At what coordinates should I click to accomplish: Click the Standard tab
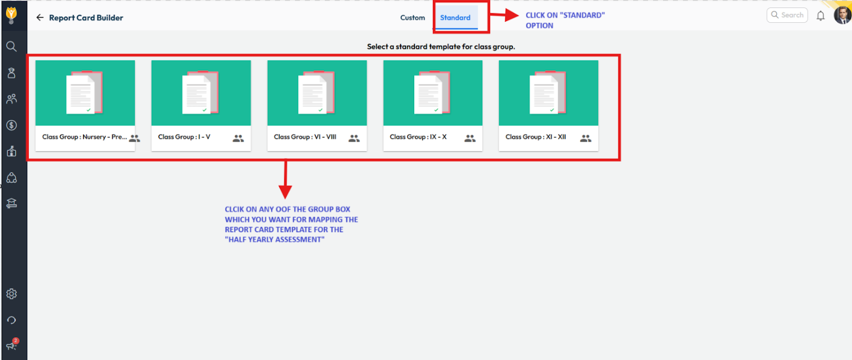[x=455, y=18]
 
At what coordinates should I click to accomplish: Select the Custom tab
[x=412, y=18]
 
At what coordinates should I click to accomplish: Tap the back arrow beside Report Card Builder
[x=40, y=18]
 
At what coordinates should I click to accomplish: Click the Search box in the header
[x=787, y=15]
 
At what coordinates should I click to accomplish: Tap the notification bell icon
[x=821, y=15]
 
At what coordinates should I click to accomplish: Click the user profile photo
[x=842, y=15]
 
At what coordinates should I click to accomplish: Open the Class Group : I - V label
[x=184, y=137]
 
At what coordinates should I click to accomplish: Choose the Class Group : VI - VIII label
[x=305, y=137]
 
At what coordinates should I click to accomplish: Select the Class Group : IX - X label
[x=418, y=137]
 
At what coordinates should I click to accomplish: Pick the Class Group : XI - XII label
[x=536, y=137]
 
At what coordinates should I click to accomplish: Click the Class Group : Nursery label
[x=85, y=137]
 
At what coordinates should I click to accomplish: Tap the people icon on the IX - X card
[x=470, y=138]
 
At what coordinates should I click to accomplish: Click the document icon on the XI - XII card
[x=548, y=93]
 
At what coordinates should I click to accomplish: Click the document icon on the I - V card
[x=200, y=93]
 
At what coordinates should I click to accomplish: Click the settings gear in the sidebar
[x=12, y=294]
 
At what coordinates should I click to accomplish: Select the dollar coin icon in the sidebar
[x=12, y=125]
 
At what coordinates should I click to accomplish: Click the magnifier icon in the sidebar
[x=12, y=46]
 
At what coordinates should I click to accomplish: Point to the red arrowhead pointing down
[x=285, y=192]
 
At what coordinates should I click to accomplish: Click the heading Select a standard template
[x=441, y=46]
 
